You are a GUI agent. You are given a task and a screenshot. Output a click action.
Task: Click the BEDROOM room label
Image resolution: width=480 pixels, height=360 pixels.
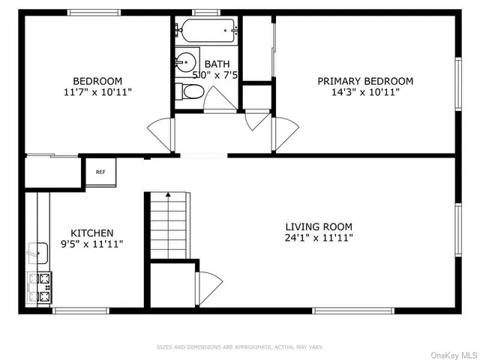97,81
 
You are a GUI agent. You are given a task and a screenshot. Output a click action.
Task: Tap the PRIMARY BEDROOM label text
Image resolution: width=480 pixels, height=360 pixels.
365,81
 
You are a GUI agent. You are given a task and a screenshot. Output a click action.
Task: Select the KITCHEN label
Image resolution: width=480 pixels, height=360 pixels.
91,232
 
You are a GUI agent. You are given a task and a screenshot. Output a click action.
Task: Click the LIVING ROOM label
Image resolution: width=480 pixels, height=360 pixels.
318,226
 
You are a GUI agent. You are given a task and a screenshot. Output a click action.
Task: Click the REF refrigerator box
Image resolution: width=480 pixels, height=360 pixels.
100,172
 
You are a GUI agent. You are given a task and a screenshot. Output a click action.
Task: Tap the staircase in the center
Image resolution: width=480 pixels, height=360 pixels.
168,225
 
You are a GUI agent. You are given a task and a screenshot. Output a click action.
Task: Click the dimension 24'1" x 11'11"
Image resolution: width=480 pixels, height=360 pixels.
318,238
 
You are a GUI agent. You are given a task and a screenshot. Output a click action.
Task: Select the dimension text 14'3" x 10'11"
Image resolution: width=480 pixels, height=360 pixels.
365,92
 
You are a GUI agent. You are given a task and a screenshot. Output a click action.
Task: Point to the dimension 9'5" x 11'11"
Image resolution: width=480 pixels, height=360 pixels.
91,244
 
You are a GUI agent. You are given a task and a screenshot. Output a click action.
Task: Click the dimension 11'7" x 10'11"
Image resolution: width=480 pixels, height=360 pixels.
97,92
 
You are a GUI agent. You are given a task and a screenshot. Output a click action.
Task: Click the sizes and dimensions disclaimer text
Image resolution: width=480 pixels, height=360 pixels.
239,346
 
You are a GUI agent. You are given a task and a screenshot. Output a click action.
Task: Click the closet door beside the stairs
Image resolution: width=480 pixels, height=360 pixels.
208,286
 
